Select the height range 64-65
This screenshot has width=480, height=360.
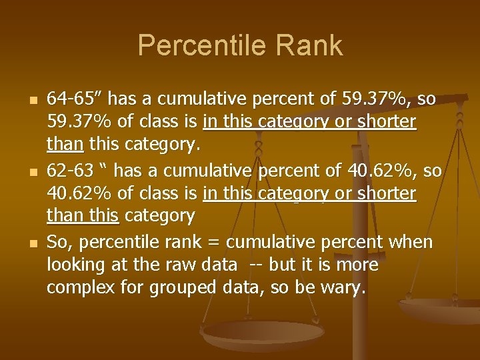(x=71, y=99)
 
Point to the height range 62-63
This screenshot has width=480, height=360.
(x=70, y=171)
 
